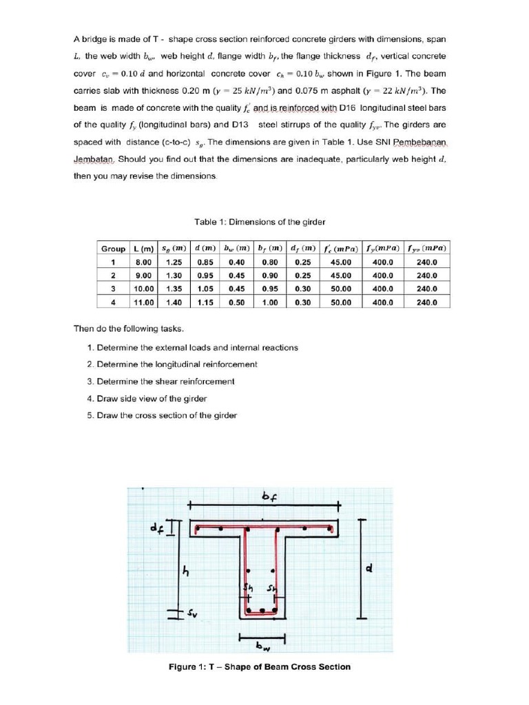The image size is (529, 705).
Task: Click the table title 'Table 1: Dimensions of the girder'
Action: coord(260,222)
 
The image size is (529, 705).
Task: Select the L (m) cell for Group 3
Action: coord(143,289)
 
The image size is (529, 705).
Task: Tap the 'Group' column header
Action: coord(113,249)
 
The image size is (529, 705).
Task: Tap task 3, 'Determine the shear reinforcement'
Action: coord(165,381)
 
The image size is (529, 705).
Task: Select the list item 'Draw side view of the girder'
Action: coord(152,399)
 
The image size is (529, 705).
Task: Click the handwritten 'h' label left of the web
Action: coord(184,571)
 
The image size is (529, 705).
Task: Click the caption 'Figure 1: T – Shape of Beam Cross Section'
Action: coord(260,666)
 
